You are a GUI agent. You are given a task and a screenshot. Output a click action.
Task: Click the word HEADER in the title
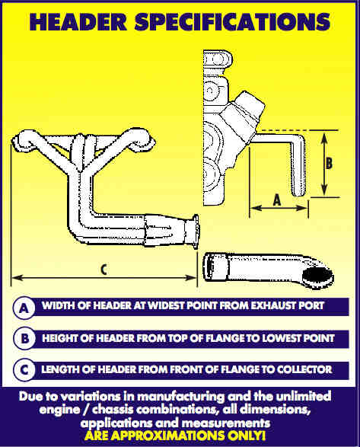78,21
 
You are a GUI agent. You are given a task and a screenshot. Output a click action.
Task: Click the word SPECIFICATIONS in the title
233,21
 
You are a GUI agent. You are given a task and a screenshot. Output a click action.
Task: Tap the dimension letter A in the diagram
277,200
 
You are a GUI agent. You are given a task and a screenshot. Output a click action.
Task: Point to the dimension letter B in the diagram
329,164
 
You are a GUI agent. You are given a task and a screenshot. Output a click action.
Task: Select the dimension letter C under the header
104,270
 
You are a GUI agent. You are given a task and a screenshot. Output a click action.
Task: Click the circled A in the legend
24,308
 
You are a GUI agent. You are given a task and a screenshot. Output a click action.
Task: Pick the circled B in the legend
24,339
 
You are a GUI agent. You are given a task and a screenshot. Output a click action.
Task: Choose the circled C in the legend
24,370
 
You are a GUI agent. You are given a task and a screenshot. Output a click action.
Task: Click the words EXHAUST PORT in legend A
288,305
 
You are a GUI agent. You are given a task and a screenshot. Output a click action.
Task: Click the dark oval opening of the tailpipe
317,276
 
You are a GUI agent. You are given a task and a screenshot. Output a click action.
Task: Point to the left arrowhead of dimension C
17,277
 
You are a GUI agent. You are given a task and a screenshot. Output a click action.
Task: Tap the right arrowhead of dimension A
302,208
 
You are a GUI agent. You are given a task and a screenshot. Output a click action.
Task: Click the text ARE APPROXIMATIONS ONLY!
175,436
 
